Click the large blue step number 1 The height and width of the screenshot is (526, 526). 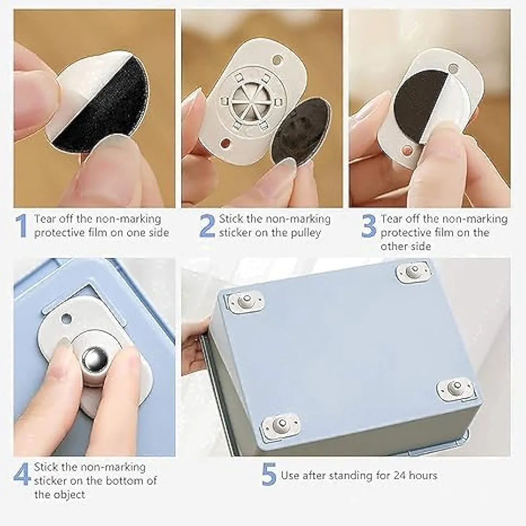tap(22, 226)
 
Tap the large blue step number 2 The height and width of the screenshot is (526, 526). tap(208, 226)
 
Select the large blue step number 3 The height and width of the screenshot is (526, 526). tap(369, 226)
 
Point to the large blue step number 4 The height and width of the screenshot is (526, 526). tap(22, 474)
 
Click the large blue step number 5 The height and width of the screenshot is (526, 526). tap(269, 476)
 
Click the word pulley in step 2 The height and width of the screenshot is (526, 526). tap(304, 232)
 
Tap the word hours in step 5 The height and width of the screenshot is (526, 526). tap(422, 476)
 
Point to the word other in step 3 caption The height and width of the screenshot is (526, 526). tap(395, 246)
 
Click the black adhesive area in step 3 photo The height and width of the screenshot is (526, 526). tap(418, 105)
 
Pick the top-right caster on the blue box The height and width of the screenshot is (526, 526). tap(413, 271)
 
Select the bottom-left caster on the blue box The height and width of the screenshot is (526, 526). tap(281, 424)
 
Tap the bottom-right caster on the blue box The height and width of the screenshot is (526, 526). tap(454, 388)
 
